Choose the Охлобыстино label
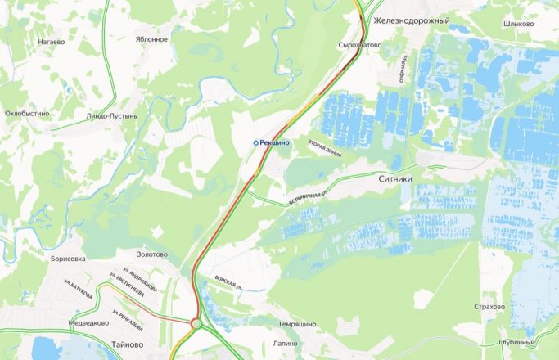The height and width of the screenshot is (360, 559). pos(27,113)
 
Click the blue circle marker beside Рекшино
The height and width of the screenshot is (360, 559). pos(255,142)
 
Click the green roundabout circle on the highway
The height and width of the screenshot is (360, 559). pos(196,325)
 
